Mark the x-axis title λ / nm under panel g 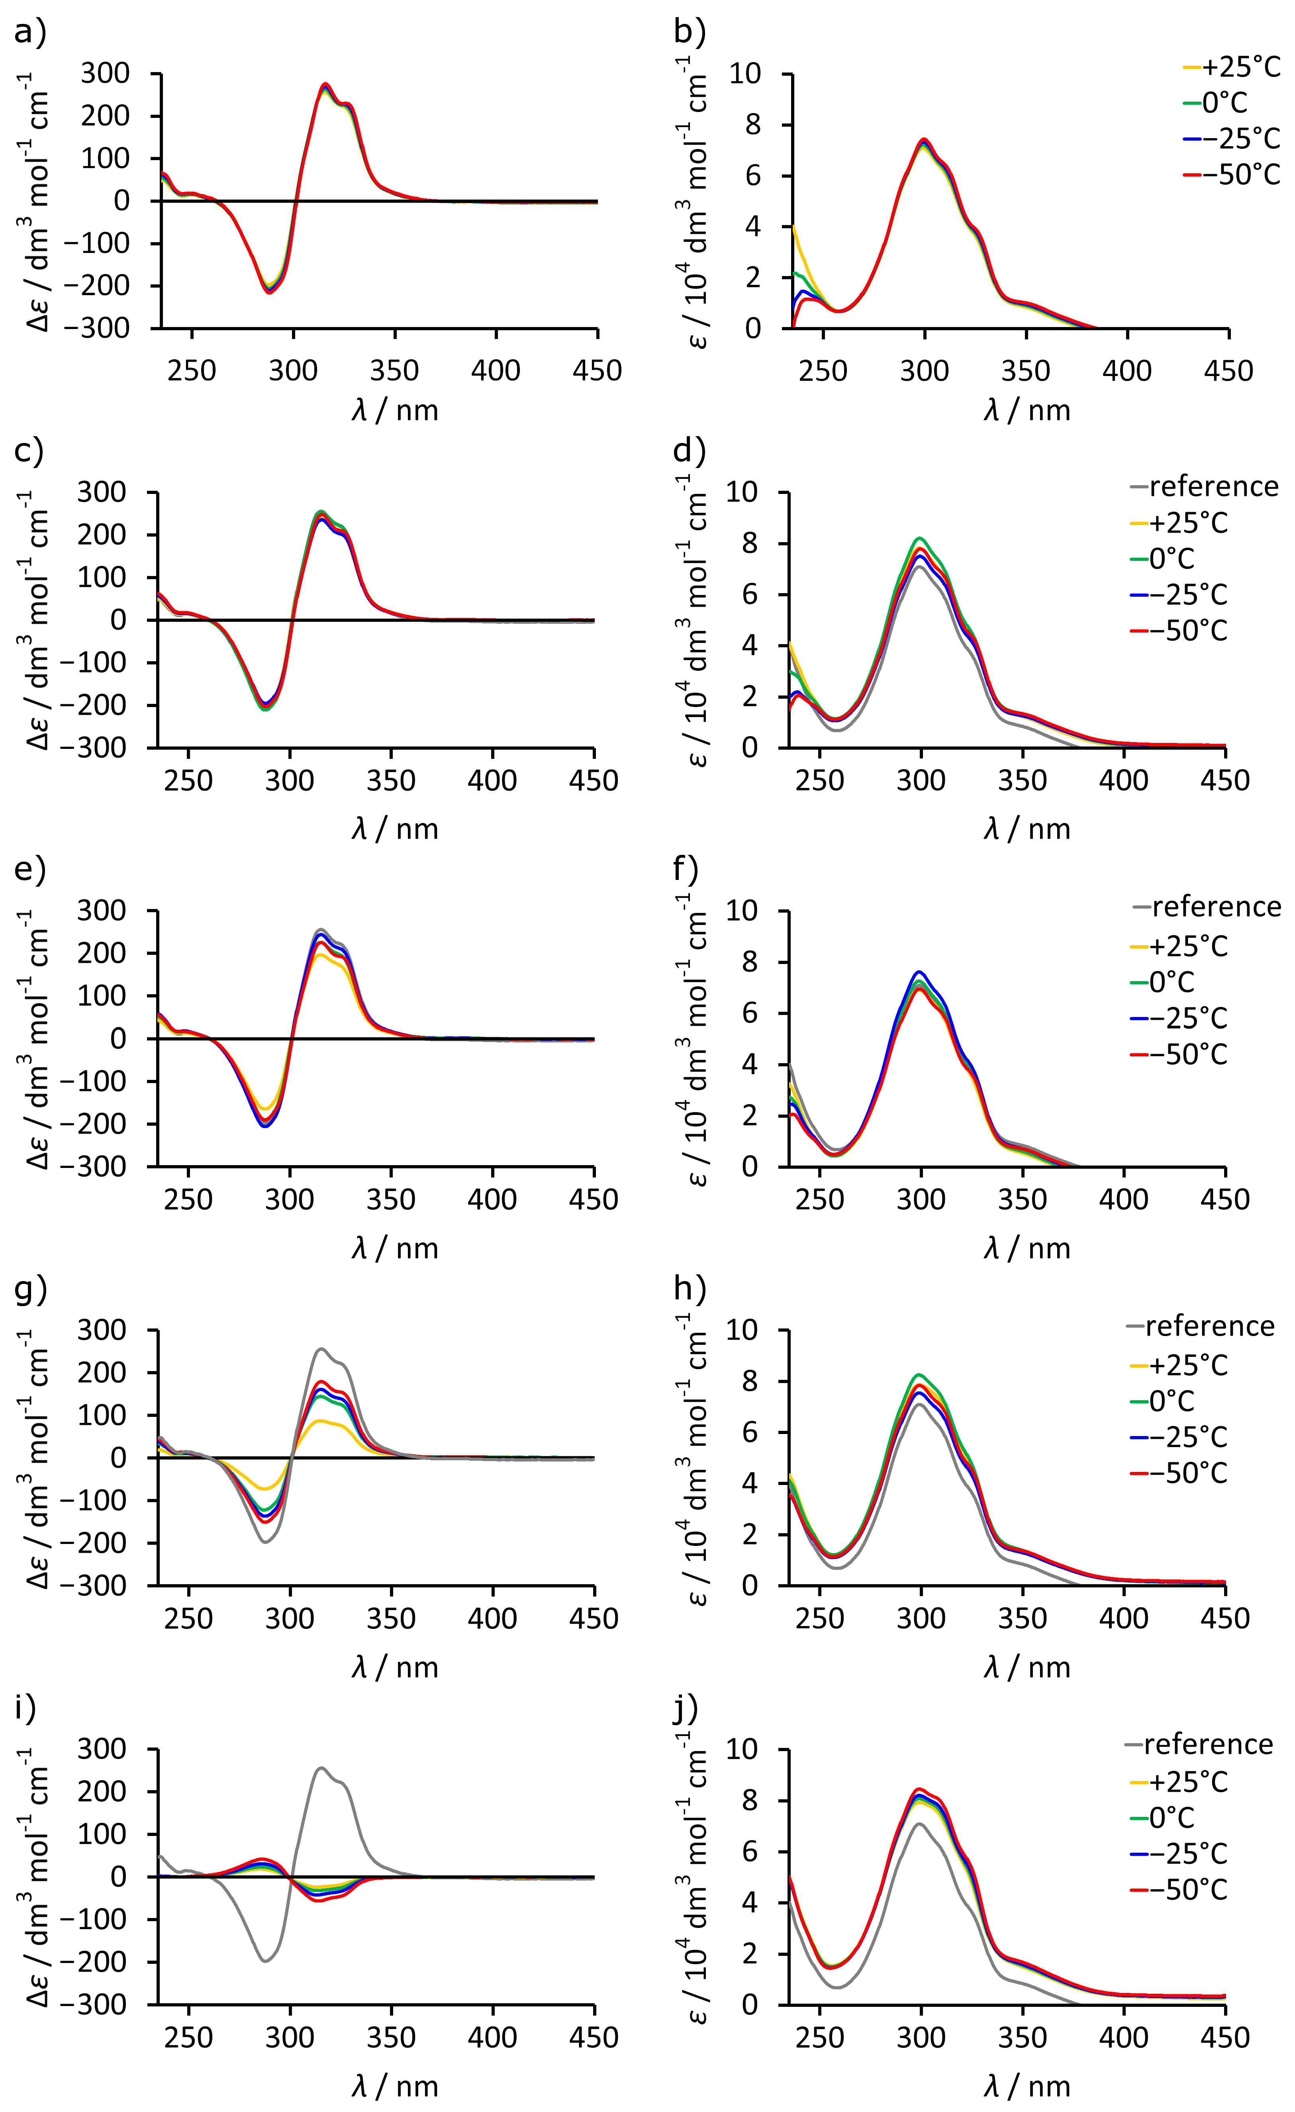pyautogui.click(x=394, y=1667)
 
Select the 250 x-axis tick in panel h pyautogui.click(x=820, y=1618)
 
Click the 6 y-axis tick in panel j pyautogui.click(x=750, y=1851)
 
